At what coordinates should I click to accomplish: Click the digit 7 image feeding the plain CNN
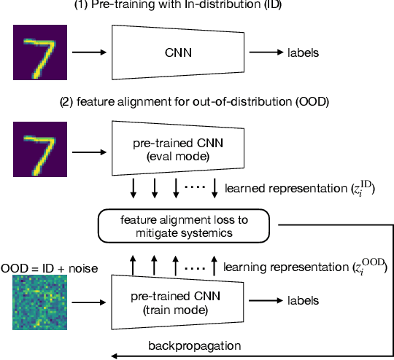(42, 52)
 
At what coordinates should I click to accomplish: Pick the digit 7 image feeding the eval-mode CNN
(42, 150)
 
